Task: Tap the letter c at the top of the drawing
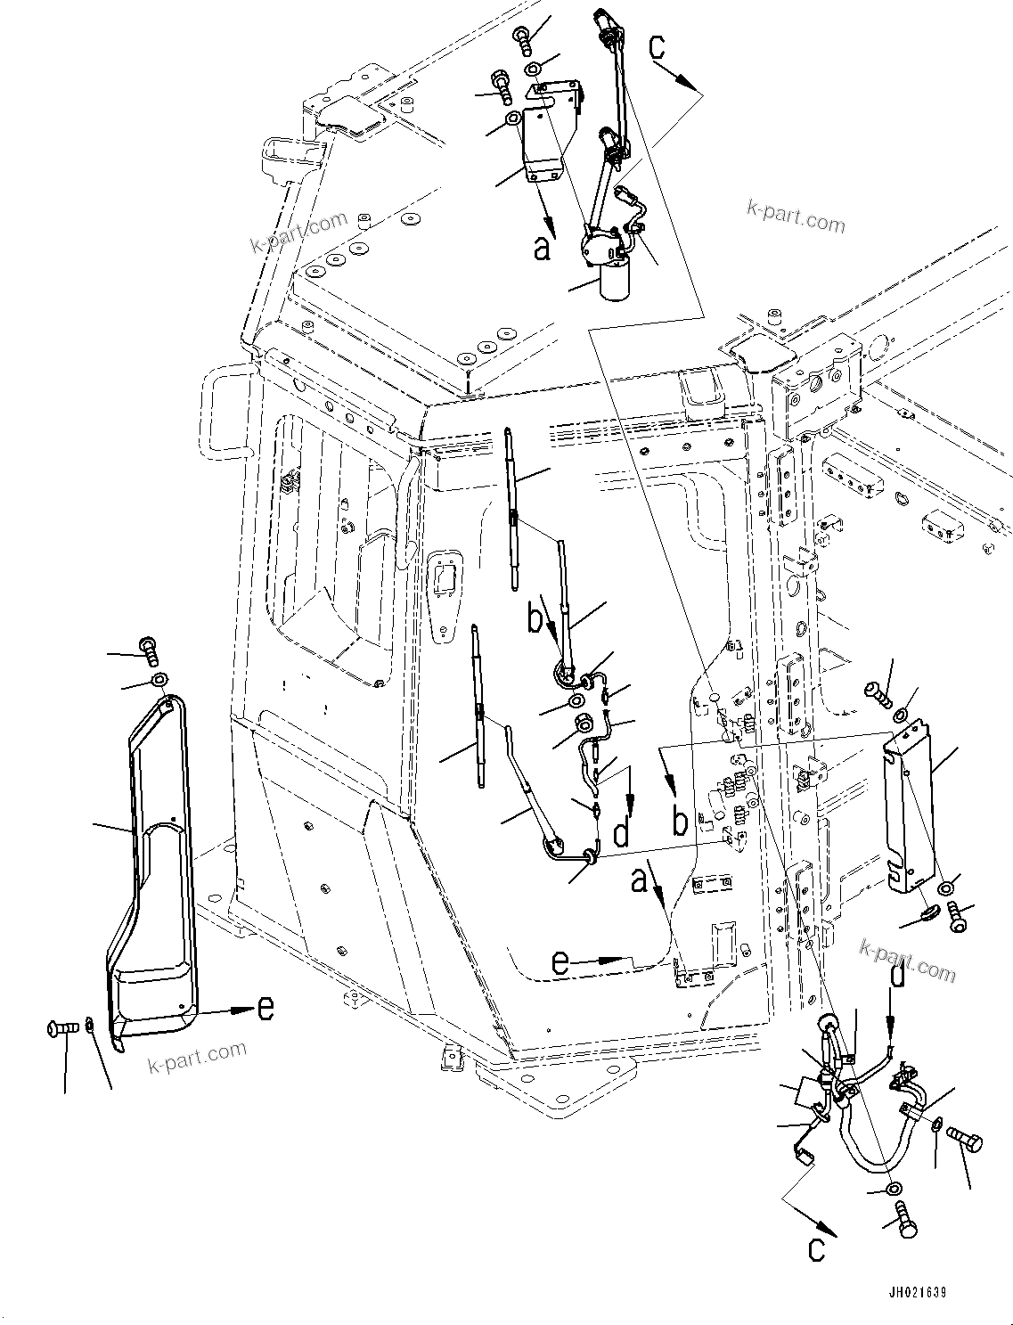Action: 658,46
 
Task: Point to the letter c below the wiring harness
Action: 815,1249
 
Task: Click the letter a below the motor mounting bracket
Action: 542,249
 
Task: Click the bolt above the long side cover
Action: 148,650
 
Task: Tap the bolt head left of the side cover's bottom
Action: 55,1029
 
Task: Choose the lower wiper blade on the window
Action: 479,704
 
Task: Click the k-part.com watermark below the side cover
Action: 198,1056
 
